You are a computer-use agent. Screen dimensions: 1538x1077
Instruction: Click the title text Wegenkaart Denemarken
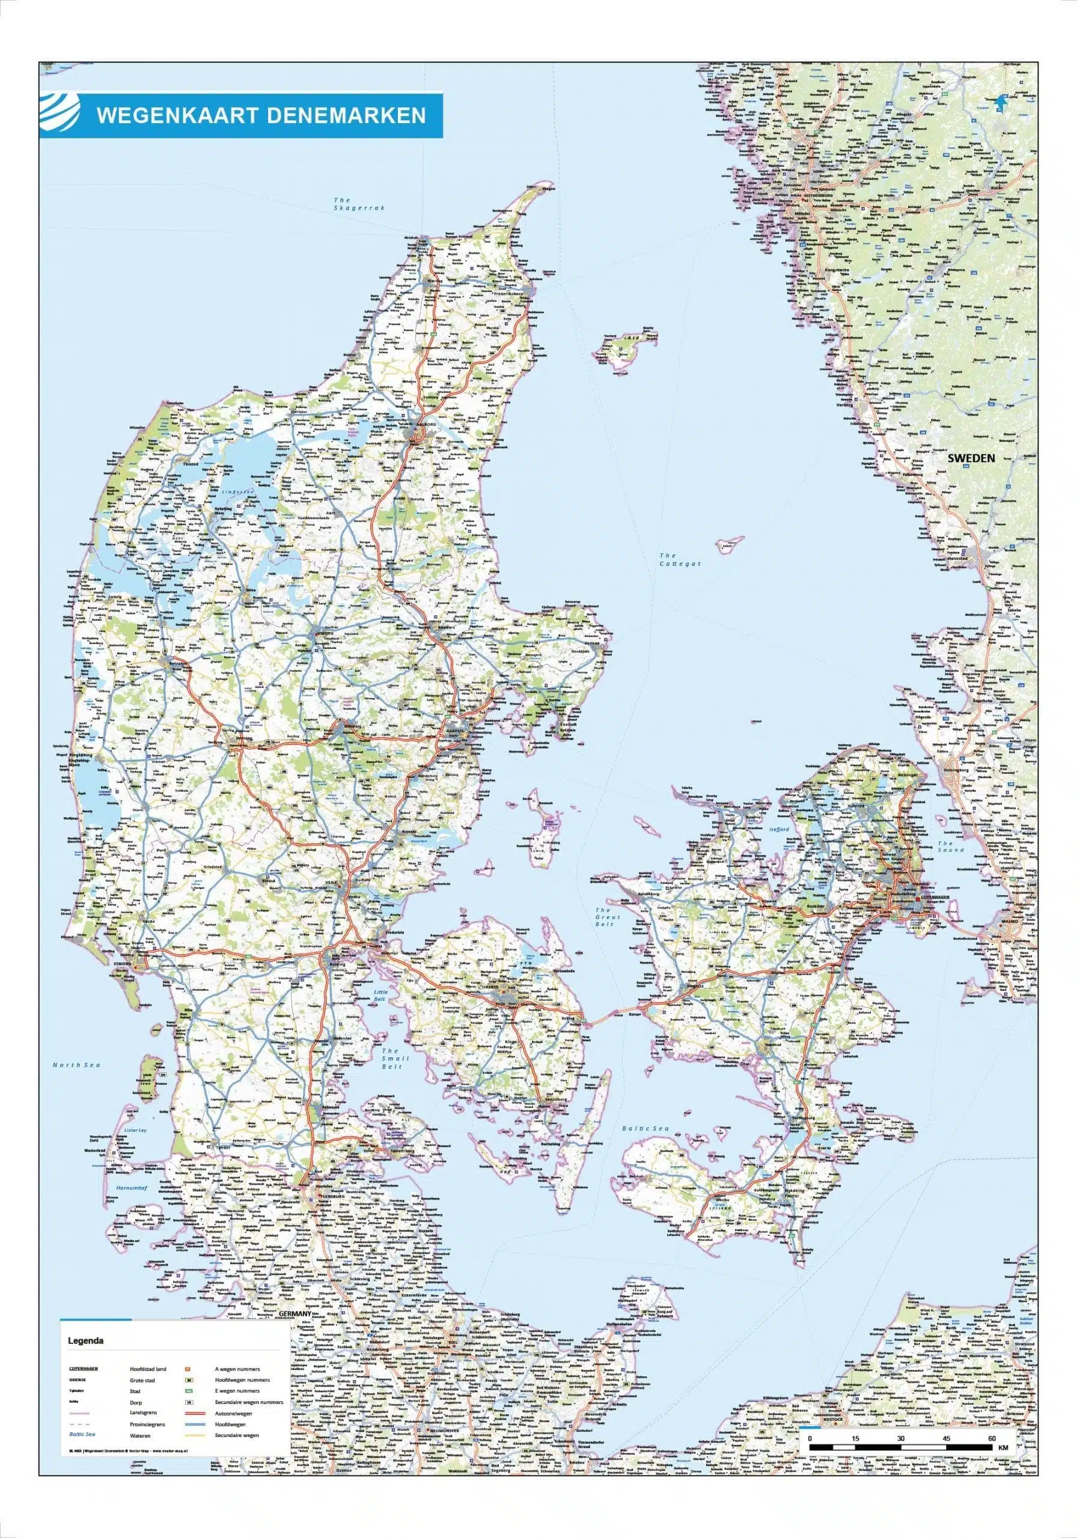tap(261, 115)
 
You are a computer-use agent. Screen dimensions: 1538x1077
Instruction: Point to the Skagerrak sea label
tap(360, 204)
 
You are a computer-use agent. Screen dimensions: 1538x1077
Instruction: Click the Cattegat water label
tap(680, 559)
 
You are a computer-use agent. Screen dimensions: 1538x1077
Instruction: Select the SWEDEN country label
tap(971, 458)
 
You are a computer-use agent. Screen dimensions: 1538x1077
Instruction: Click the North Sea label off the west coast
tap(76, 1065)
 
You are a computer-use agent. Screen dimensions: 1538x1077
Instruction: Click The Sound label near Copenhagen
tap(950, 846)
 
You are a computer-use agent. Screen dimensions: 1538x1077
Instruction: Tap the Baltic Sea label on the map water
tap(645, 1129)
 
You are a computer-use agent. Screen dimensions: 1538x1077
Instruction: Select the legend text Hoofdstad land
tap(148, 1369)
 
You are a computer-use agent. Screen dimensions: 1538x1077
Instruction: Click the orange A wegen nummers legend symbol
tap(188, 1369)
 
